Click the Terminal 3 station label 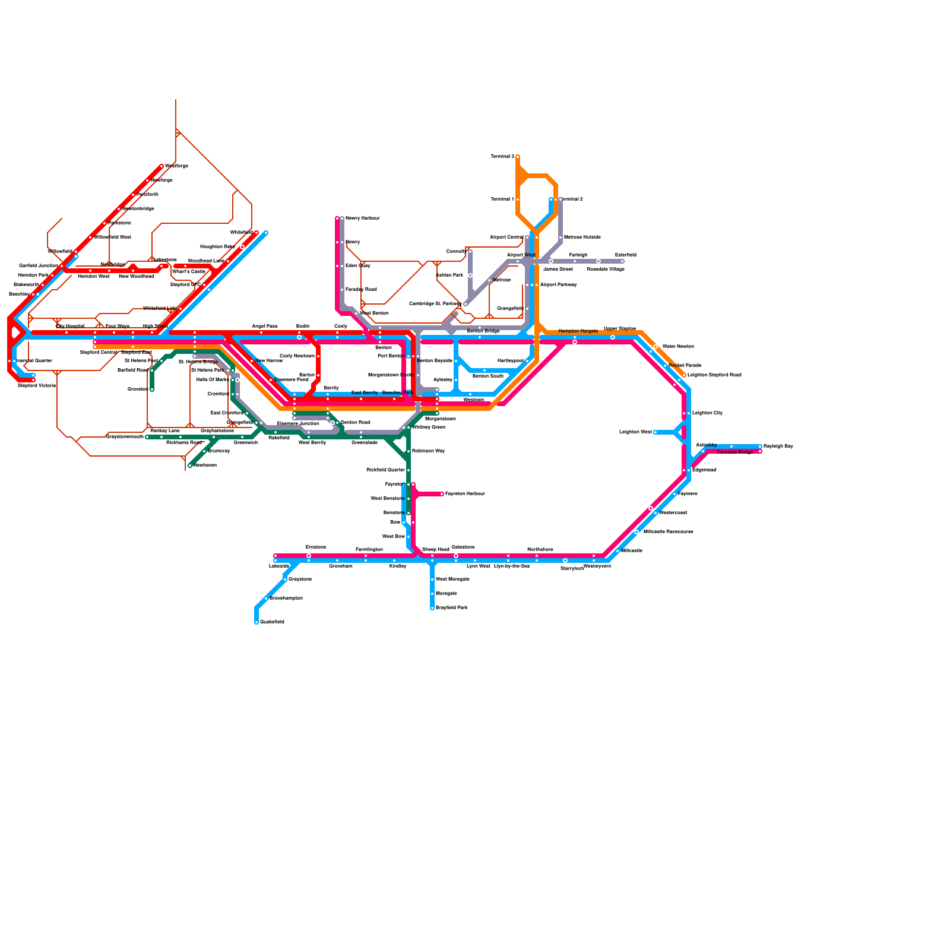(x=502, y=157)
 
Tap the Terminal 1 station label (x=502, y=199)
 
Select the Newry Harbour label (x=362, y=218)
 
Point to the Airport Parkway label (x=558, y=285)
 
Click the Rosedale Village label (x=605, y=270)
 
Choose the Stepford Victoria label (x=36, y=386)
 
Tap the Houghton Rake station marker (x=242, y=247)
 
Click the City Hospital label (x=70, y=327)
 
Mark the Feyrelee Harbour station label (x=465, y=494)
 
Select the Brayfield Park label (x=452, y=608)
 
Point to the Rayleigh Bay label (x=778, y=446)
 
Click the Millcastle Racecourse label (x=668, y=532)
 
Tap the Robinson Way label (x=428, y=451)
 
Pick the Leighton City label (x=707, y=413)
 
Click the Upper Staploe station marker (x=613, y=337)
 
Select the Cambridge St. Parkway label (x=435, y=304)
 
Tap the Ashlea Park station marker (x=470, y=275)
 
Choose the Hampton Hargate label (x=578, y=331)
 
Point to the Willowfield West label (x=112, y=237)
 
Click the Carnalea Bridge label (x=734, y=452)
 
